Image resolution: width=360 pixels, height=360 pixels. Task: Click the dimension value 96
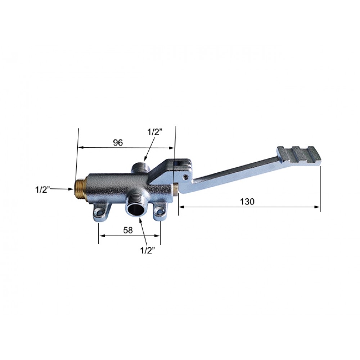click(x=118, y=143)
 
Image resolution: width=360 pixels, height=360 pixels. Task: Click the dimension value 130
click(x=247, y=202)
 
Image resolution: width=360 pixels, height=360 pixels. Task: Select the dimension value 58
click(x=128, y=230)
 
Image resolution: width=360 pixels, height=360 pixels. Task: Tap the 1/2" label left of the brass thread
click(x=43, y=190)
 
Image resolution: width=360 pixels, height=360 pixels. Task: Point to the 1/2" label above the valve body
click(x=155, y=132)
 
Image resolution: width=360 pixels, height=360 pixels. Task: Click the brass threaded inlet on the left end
click(x=80, y=188)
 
